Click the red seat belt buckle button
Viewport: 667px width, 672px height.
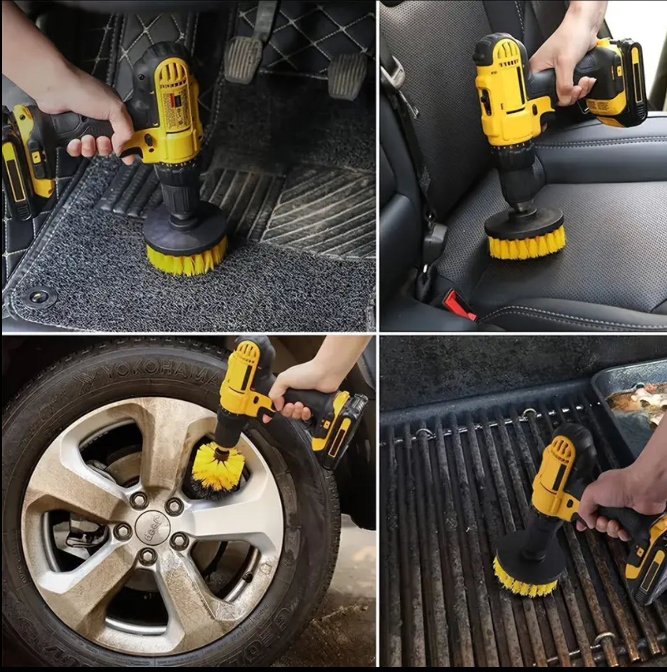460,305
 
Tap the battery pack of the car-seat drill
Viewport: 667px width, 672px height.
620,83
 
